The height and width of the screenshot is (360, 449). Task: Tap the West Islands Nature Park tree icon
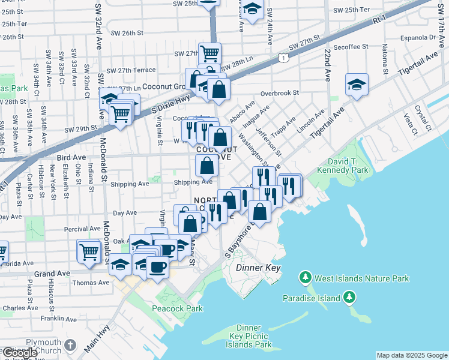[306, 278]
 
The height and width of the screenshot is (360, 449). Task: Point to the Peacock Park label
[178, 308]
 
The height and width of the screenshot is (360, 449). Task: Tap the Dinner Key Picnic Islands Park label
[249, 336]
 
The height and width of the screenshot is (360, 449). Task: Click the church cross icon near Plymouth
[71, 345]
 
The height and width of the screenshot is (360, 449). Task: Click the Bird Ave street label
[71, 157]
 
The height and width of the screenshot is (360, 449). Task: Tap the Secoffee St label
[351, 47]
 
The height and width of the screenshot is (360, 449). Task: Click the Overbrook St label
[280, 93]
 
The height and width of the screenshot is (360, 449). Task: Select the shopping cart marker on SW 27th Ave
[209, 53]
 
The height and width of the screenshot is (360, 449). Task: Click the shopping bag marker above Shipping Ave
[206, 164]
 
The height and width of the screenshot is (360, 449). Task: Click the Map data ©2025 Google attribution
[412, 355]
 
